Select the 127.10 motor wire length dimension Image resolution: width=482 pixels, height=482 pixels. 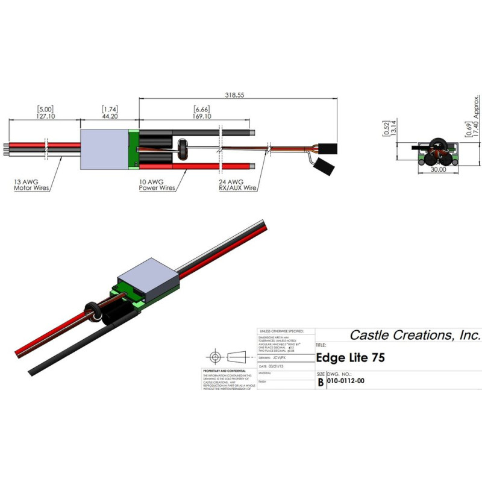(46, 116)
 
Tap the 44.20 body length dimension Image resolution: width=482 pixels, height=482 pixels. (110, 116)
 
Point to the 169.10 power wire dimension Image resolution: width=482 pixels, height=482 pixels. (202, 116)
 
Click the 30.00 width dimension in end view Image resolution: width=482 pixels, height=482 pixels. (438, 171)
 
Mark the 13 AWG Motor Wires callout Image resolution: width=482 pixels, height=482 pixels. (31, 184)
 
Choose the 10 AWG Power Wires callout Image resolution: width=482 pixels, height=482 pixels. (157, 184)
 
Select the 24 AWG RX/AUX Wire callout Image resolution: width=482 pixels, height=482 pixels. (238, 184)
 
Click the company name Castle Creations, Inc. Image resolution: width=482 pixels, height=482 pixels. (415, 335)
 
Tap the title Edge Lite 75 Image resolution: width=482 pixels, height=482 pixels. (351, 357)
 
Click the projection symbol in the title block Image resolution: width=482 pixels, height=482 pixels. (228, 355)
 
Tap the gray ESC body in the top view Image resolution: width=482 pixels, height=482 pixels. (104, 146)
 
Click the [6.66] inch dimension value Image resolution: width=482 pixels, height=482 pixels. (202, 109)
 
